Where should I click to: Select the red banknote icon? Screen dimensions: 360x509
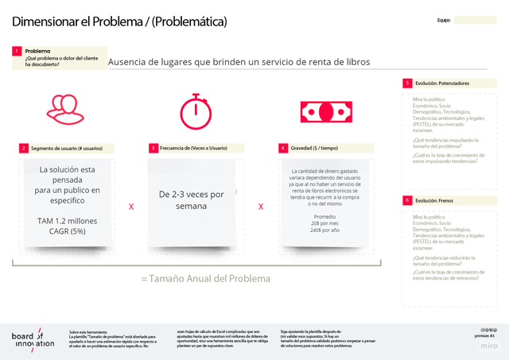(x=322, y=109)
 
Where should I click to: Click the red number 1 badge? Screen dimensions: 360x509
(x=16, y=50)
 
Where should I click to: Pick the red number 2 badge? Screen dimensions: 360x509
(x=23, y=148)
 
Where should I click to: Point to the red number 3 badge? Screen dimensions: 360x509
(x=153, y=148)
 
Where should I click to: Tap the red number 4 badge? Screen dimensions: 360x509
(x=282, y=148)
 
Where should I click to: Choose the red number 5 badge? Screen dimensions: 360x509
(x=406, y=83)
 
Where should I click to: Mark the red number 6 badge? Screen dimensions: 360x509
(x=406, y=200)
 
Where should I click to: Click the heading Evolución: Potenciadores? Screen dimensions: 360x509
(x=442, y=83)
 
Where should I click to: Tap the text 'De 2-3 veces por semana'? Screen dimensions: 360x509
(x=192, y=199)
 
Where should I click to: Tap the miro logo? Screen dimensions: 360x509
(x=489, y=346)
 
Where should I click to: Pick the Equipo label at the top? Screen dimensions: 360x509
(x=444, y=20)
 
